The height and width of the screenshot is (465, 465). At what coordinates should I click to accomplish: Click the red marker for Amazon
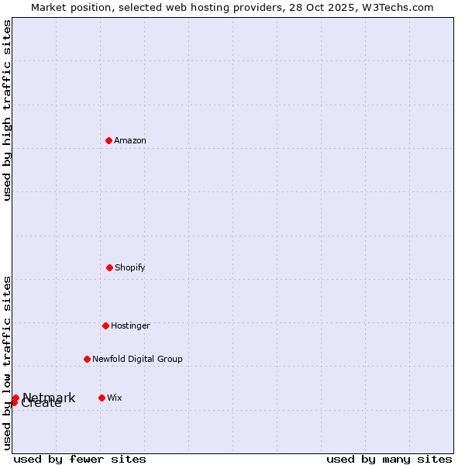(108, 140)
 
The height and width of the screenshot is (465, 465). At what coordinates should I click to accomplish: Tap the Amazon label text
(130, 141)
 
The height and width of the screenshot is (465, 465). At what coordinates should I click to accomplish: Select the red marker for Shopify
(109, 267)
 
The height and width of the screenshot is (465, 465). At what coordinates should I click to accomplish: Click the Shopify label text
(130, 268)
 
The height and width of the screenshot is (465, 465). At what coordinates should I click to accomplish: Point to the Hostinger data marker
(105, 325)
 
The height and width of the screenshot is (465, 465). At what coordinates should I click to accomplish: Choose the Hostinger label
(130, 326)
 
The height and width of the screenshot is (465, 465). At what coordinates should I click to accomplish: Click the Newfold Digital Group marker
(87, 359)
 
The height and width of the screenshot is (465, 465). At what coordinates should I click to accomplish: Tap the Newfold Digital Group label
(137, 360)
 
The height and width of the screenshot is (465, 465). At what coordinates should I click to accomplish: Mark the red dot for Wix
(102, 398)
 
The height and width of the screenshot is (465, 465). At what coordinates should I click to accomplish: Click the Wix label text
(115, 398)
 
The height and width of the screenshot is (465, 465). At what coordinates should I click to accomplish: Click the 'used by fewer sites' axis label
(80, 459)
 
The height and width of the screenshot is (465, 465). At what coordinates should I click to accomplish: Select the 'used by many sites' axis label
(389, 459)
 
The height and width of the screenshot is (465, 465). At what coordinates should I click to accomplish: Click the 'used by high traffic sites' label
(8, 111)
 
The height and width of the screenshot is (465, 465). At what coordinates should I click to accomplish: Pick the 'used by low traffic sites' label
(8, 363)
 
